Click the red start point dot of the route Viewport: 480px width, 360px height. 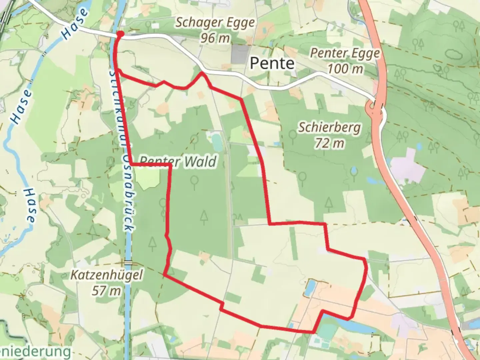[120, 34]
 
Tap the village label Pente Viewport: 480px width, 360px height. [272, 63]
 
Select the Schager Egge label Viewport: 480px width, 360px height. [215, 23]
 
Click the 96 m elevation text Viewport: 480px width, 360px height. [215, 38]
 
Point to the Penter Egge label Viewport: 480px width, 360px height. [345, 53]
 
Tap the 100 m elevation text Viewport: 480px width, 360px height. [345, 69]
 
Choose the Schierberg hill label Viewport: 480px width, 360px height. [329, 127]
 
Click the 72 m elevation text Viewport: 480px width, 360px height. [329, 143]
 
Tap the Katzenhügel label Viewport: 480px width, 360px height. [107, 275]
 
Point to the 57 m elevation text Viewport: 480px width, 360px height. [107, 291]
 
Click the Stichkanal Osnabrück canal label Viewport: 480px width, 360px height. [126, 150]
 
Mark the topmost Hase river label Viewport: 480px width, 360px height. [76, 23]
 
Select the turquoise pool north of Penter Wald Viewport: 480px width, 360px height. [217, 142]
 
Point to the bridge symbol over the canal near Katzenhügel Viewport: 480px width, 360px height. [128, 262]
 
